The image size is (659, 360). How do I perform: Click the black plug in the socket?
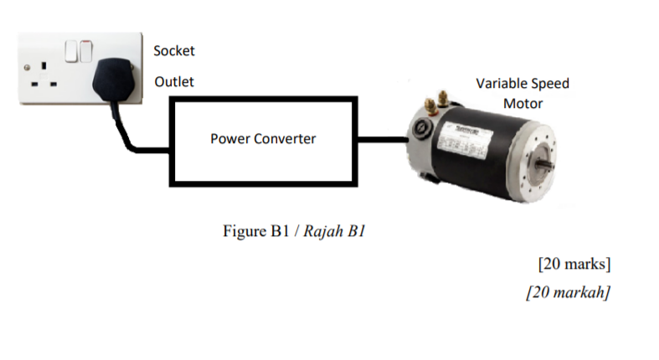pyautogui.click(x=114, y=80)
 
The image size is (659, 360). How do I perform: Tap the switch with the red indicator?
pyautogui.click(x=86, y=51)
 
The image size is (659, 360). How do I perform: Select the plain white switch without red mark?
pyautogui.click(x=71, y=51)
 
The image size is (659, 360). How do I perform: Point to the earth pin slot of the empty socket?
pyautogui.click(x=44, y=65)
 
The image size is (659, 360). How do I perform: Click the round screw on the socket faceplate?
pyautogui.click(x=27, y=67)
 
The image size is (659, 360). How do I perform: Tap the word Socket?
pyautogui.click(x=174, y=51)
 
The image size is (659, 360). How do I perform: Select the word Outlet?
pyautogui.click(x=174, y=81)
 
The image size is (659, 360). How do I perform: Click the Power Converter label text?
pyautogui.click(x=263, y=139)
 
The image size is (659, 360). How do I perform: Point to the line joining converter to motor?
pyautogui.click(x=383, y=139)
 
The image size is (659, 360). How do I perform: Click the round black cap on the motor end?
pyautogui.click(x=420, y=128)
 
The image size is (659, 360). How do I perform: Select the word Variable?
pyautogui.click(x=498, y=83)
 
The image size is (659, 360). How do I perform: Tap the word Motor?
pyautogui.click(x=523, y=103)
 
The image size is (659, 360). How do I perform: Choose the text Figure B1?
pyautogui.click(x=256, y=231)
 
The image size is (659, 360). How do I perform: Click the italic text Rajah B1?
pyautogui.click(x=334, y=231)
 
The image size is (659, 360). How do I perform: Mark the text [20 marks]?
pyautogui.click(x=574, y=264)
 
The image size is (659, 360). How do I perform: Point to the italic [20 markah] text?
pyautogui.click(x=569, y=292)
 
